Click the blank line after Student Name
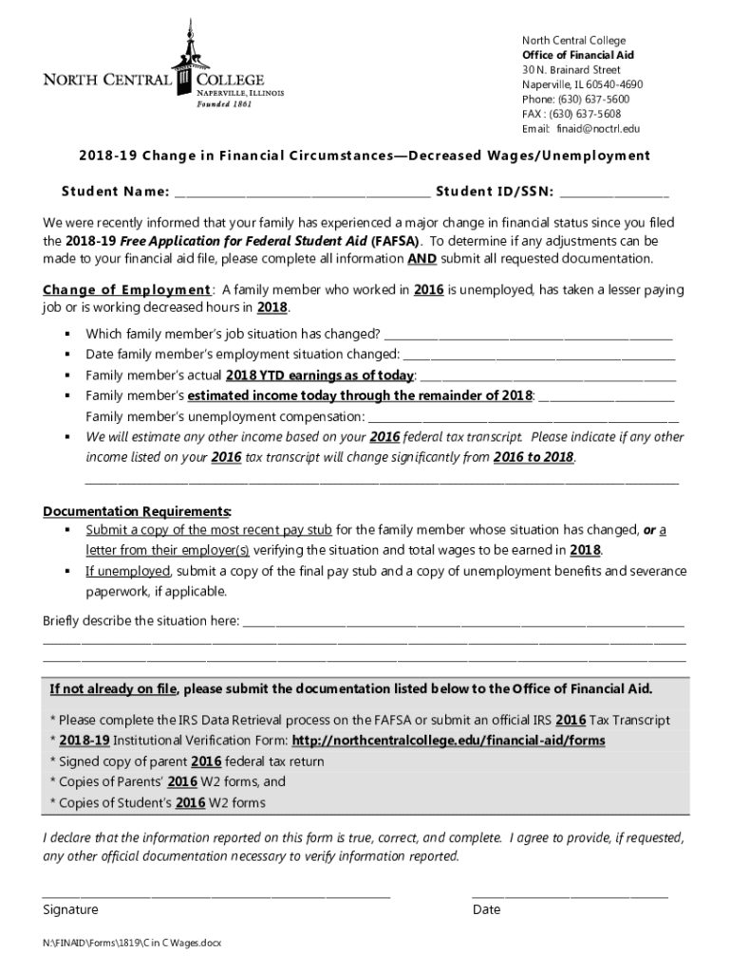tap(302, 192)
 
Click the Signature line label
tap(70, 909)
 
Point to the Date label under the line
tap(486, 909)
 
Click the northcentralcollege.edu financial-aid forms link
tap(448, 741)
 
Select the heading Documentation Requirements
tap(137, 511)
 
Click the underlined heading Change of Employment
tap(126, 290)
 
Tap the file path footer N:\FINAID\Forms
tap(132, 944)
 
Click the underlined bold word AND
tap(422, 258)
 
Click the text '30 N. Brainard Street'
tap(571, 70)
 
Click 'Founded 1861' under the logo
tap(224, 105)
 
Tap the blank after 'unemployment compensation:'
tap(522, 417)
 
